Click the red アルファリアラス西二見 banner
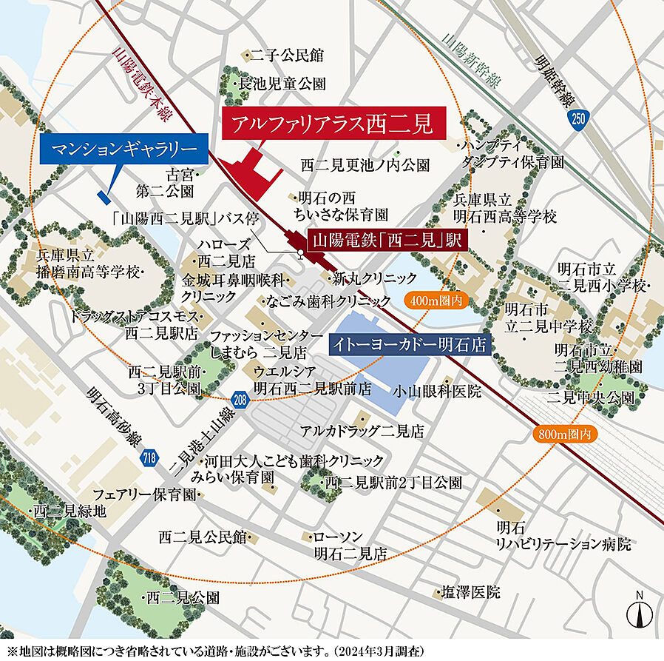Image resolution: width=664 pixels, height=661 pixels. (334, 124)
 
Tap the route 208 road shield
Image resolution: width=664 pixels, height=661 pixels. (238, 399)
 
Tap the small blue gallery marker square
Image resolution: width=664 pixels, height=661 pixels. (103, 196)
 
